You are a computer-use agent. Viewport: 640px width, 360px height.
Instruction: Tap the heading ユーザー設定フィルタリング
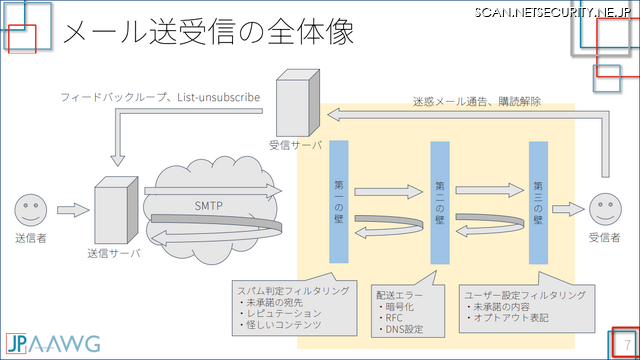tap(516, 295)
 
